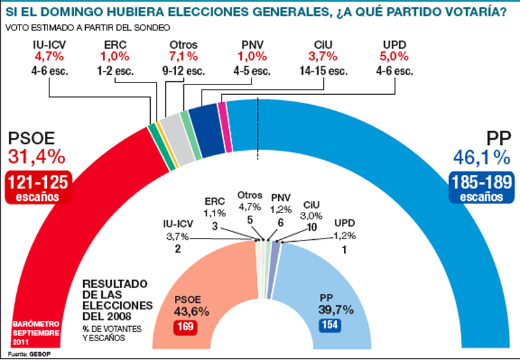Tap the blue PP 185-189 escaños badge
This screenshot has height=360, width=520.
(x=480, y=188)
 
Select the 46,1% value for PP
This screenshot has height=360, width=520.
(x=480, y=156)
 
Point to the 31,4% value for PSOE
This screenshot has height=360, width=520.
(x=36, y=156)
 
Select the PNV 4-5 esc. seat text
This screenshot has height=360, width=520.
(x=251, y=71)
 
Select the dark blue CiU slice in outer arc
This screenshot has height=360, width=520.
(x=205, y=117)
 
